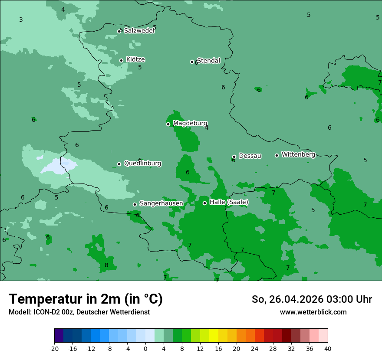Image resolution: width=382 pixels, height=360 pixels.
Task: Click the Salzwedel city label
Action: click(x=139, y=31)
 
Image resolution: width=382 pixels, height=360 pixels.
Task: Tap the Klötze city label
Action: click(x=135, y=59)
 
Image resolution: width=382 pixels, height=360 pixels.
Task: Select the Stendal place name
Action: click(x=209, y=61)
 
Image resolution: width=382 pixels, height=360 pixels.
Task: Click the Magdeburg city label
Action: click(x=190, y=123)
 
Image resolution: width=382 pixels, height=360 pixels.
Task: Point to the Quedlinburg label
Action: click(x=142, y=164)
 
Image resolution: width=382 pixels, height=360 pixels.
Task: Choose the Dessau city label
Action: click(x=250, y=156)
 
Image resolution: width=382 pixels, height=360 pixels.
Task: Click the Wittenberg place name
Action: click(x=298, y=154)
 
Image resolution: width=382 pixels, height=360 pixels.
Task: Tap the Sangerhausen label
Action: click(x=161, y=203)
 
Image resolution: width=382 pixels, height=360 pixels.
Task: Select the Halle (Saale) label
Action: click(x=229, y=202)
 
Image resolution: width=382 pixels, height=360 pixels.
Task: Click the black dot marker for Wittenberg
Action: click(x=277, y=155)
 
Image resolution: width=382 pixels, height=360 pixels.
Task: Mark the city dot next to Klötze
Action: click(x=121, y=60)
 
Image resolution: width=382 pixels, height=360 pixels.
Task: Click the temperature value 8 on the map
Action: click(x=106, y=265)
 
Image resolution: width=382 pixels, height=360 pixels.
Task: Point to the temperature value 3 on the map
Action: click(x=21, y=20)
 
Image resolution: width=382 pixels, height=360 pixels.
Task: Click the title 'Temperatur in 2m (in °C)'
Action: click(x=86, y=299)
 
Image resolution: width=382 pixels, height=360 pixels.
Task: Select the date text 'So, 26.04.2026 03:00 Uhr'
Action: click(x=312, y=299)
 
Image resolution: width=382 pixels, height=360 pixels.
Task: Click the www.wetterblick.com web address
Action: click(x=313, y=312)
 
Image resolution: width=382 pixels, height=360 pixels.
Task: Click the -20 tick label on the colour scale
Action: click(x=54, y=349)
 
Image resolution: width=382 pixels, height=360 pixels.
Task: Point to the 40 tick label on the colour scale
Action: click(x=327, y=349)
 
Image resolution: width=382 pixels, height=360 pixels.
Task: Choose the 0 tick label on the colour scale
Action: click(x=145, y=349)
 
